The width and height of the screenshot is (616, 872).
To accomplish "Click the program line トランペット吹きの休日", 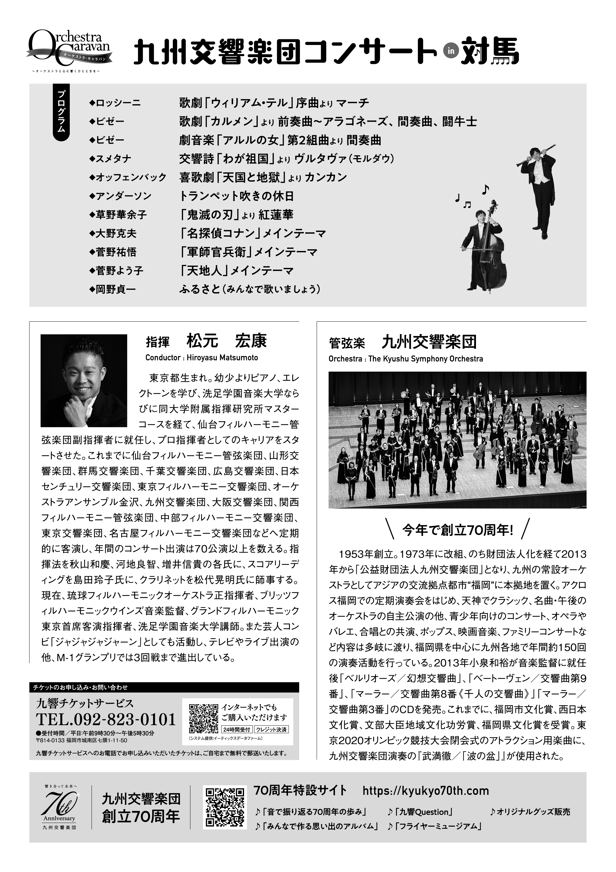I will pyautogui.click(x=237, y=196).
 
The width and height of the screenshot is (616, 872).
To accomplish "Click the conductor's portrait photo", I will pyautogui.click(x=84, y=380).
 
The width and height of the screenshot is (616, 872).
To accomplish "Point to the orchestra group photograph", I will pyautogui.click(x=457, y=440).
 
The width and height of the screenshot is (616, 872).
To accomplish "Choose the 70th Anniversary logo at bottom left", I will pyautogui.click(x=60, y=806).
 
